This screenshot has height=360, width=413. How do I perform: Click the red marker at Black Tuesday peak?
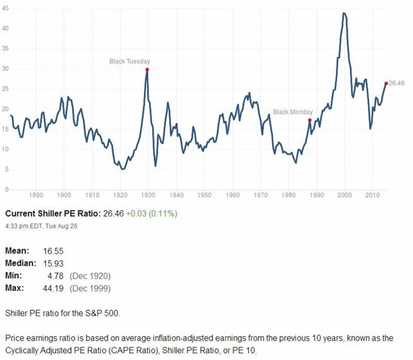point(147,69)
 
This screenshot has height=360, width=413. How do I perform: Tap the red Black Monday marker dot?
point(310,120)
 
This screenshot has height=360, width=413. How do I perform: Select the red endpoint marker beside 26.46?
point(386,83)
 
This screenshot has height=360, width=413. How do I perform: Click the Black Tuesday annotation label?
point(129,61)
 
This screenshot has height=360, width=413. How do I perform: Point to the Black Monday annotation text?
point(292,112)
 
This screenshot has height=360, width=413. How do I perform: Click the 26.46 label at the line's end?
point(397,83)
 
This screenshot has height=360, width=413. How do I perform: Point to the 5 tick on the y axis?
point(6,169)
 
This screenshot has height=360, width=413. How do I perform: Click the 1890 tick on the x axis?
point(35,194)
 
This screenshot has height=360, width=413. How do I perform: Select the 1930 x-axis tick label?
point(148,194)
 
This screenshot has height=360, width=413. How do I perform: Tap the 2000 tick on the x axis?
point(345,194)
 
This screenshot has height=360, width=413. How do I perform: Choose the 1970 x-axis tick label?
point(260,194)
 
